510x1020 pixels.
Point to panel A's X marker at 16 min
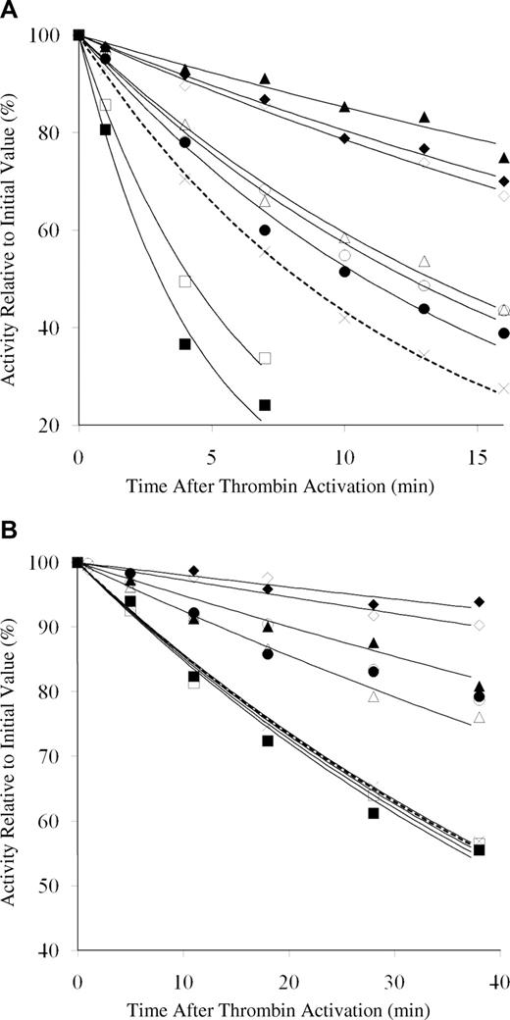tap(503, 388)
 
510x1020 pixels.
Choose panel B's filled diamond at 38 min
tap(479, 601)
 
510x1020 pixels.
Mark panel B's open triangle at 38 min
tap(479, 717)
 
